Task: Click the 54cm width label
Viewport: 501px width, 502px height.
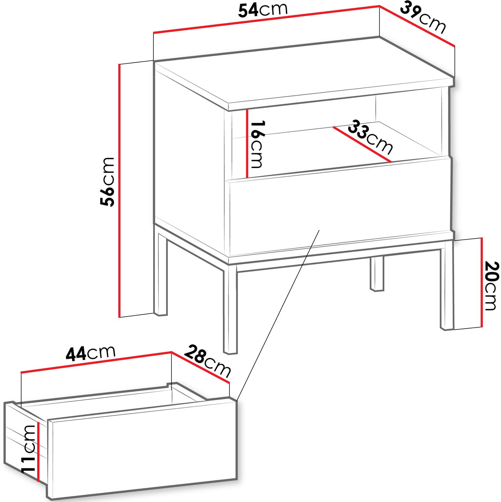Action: (x=263, y=10)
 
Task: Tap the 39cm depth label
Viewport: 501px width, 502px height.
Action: (x=423, y=17)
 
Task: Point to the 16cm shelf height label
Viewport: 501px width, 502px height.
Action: (x=257, y=144)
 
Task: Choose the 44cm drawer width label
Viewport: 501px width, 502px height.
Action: (x=90, y=353)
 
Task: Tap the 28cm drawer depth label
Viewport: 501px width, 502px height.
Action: (x=207, y=361)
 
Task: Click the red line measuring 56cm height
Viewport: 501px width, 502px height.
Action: (x=119, y=190)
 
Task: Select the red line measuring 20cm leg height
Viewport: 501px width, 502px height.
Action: (x=482, y=282)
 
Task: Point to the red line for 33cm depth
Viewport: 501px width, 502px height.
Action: (x=362, y=144)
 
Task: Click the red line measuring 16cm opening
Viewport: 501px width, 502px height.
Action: (x=247, y=144)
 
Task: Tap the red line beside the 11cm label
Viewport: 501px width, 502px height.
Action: (x=38, y=452)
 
